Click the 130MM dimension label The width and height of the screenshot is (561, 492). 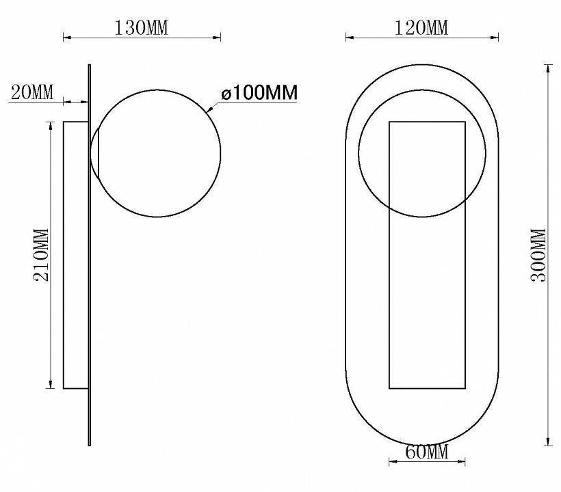click(141, 28)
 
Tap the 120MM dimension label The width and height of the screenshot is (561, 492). click(421, 28)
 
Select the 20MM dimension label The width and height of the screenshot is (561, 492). click(32, 92)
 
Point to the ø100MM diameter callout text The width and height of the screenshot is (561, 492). click(259, 92)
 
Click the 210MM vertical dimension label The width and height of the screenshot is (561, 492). click(41, 255)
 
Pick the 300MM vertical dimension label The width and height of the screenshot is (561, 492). click(538, 255)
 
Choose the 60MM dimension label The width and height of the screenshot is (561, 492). click(426, 452)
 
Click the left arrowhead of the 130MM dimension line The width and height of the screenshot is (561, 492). click(67, 37)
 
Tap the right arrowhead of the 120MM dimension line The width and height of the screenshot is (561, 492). click(494, 37)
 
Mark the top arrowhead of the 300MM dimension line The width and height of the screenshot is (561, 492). click(548, 68)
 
